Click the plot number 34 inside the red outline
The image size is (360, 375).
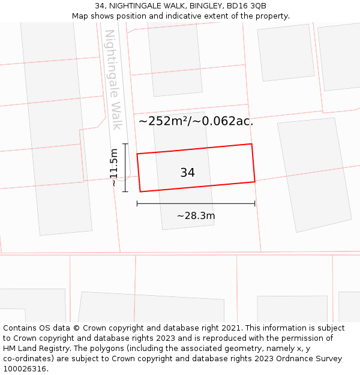pyautogui.click(x=187, y=173)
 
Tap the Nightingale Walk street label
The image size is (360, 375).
pyautogui.click(x=113, y=79)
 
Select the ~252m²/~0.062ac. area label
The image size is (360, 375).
pyautogui.click(x=196, y=121)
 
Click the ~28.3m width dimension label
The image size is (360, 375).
pyautogui.click(x=196, y=216)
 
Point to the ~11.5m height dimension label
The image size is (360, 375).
pyautogui.click(x=114, y=168)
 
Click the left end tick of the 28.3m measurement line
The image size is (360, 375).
pyautogui.click(x=137, y=203)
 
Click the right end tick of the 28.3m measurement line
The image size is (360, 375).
pyautogui.click(x=255, y=203)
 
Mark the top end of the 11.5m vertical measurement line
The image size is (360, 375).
pyautogui.click(x=125, y=144)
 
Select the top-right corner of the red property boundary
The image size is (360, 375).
pyautogui.click(x=251, y=144)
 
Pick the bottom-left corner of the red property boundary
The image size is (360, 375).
pyautogui.click(x=140, y=191)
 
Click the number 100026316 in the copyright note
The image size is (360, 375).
pyautogui.click(x=25, y=368)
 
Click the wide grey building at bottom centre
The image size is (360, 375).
pyautogui.click(x=151, y=307)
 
